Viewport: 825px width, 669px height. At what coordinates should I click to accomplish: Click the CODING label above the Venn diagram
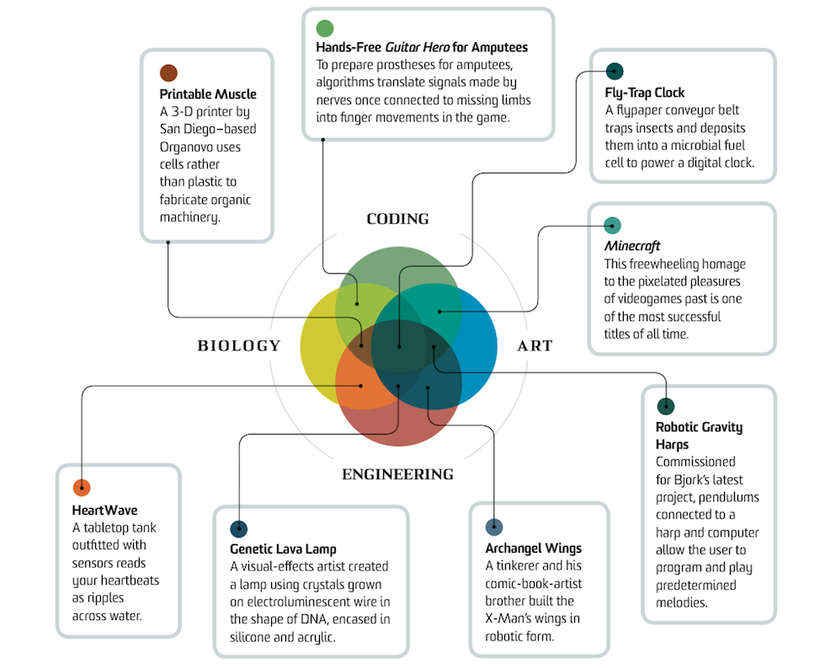[397, 219]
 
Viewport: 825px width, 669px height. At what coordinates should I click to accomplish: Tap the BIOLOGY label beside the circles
[238, 345]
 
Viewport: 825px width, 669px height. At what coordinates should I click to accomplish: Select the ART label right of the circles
[535, 345]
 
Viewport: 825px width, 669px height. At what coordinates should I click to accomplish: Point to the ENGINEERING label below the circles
[397, 474]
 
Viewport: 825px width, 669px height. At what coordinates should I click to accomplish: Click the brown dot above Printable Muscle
[168, 73]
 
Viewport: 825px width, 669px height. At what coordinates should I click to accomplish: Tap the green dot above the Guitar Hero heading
[325, 29]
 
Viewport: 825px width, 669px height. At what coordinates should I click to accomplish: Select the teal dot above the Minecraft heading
[613, 225]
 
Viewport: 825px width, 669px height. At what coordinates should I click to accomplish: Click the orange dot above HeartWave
[82, 488]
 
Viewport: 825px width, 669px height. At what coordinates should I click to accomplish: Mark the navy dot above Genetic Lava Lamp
[239, 529]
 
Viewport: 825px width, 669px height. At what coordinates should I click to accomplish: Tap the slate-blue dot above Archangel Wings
[494, 527]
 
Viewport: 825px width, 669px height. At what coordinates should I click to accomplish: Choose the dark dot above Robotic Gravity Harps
[665, 407]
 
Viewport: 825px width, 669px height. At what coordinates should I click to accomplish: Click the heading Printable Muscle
[208, 94]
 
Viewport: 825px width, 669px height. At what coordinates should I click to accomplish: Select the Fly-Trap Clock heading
[645, 93]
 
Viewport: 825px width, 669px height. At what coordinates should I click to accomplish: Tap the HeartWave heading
[104, 510]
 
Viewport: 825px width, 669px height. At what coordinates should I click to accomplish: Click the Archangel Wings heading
[533, 549]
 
